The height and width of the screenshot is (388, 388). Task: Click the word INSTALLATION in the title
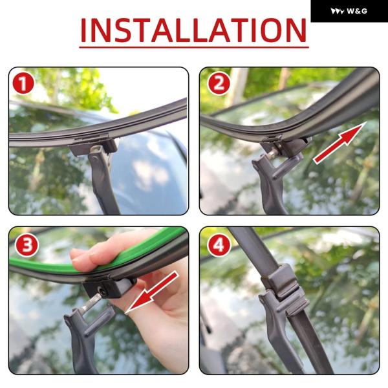(194, 30)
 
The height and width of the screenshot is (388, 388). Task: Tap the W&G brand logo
(349, 11)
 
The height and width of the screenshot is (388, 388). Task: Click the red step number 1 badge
(23, 83)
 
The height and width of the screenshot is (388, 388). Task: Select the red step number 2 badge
(219, 83)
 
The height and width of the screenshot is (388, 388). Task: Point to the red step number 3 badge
(27, 245)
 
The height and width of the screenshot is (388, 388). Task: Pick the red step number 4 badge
(219, 245)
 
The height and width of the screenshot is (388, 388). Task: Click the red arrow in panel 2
(339, 143)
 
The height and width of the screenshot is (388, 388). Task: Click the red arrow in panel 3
(153, 292)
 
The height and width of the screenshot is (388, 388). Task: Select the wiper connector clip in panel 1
(92, 147)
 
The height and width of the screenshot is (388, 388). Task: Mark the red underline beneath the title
(194, 47)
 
